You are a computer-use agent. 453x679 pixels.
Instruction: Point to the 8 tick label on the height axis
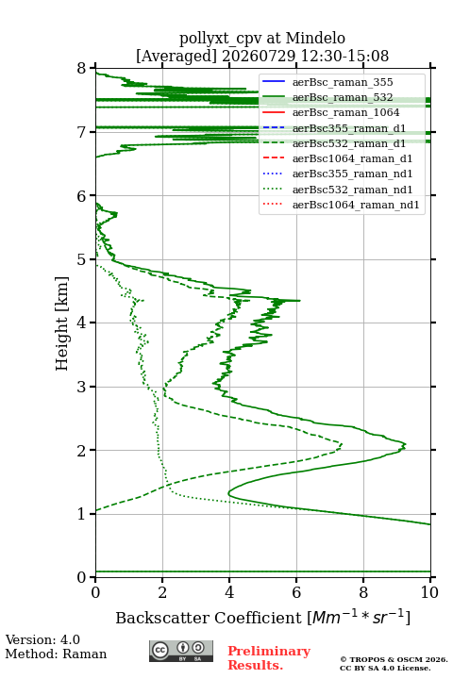[82, 68]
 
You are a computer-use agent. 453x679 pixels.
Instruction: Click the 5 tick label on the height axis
[82, 259]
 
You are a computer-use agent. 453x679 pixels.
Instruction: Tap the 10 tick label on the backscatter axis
[429, 592]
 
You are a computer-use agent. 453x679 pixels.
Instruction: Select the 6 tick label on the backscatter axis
[296, 592]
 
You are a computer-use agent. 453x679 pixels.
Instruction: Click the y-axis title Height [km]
[61, 323]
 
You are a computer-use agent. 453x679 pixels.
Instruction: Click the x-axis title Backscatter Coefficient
[262, 617]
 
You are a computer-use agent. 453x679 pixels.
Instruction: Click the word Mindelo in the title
[315, 38]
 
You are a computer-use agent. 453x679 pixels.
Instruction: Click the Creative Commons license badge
[181, 651]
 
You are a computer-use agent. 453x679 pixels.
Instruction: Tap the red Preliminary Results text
[269, 657]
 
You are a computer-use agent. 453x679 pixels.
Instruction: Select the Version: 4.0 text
[42, 639]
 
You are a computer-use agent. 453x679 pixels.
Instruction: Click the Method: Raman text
[56, 654]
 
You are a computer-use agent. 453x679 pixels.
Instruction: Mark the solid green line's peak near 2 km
[405, 445]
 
